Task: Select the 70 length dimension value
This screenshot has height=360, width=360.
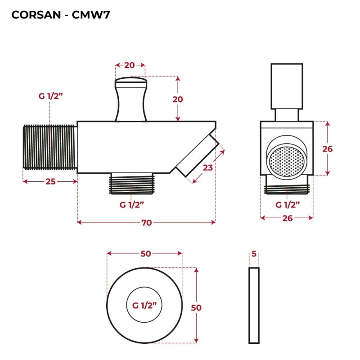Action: click(146, 222)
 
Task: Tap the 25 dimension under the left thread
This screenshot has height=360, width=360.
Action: click(50, 181)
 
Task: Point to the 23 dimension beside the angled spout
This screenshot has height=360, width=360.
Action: click(207, 167)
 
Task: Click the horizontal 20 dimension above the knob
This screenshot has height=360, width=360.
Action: click(130, 65)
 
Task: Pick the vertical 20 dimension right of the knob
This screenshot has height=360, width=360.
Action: click(178, 99)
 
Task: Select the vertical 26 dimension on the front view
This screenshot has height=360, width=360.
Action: click(328, 148)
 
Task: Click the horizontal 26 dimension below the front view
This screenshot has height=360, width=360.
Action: click(287, 218)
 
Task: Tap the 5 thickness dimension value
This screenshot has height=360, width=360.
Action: click(254, 254)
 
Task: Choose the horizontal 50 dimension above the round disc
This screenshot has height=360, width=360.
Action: click(145, 254)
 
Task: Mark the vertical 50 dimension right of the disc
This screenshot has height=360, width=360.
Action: click(196, 308)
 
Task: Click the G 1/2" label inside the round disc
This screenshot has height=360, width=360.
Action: click(144, 305)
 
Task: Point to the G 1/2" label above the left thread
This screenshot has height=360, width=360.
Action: click(50, 96)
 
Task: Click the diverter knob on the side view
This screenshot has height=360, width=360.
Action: click(131, 99)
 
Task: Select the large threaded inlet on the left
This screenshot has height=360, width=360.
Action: click(50, 147)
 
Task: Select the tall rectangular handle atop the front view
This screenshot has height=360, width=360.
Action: click(287, 86)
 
